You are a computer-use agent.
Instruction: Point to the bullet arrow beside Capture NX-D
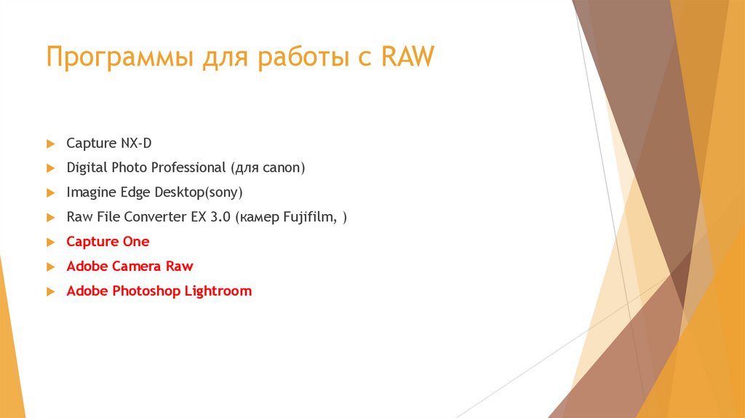coord(50,143)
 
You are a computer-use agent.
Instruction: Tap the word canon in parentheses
coord(279,168)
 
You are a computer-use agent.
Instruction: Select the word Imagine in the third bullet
coord(89,193)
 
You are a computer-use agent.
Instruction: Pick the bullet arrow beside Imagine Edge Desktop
coord(50,193)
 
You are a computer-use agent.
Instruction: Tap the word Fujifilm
coord(304,217)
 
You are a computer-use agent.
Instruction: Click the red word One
coord(135,242)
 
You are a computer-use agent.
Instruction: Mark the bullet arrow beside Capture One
coord(50,242)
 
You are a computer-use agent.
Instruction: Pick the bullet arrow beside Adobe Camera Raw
coord(50,267)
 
